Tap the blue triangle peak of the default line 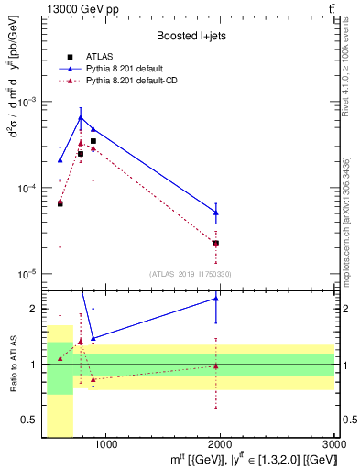click(x=81, y=117)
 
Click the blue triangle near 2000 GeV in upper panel click(x=216, y=213)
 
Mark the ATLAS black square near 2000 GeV click(x=216, y=244)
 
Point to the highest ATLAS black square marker click(x=93, y=141)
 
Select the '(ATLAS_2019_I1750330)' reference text click(x=191, y=274)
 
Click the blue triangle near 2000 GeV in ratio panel click(x=216, y=298)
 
